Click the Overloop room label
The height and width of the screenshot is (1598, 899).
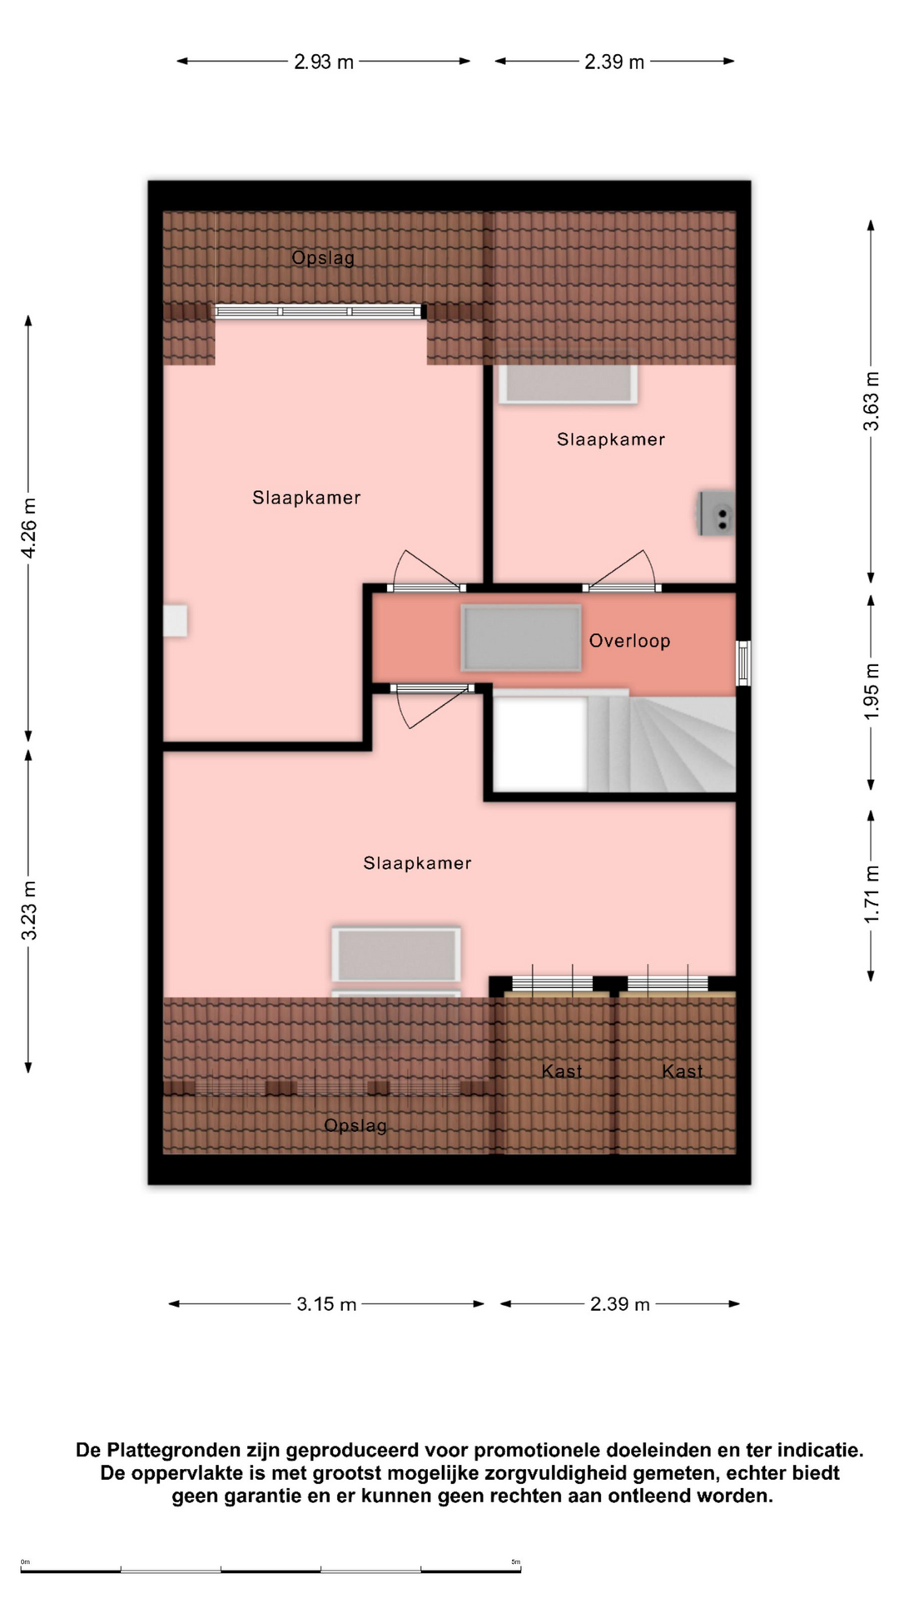tap(629, 641)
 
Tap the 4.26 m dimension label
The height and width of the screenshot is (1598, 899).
tap(29, 529)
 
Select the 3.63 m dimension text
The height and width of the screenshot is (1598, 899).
tap(871, 401)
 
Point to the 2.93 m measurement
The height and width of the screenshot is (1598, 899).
tap(324, 62)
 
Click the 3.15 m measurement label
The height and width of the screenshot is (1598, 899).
tap(326, 1304)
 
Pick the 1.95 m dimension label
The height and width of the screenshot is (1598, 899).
tap(871, 692)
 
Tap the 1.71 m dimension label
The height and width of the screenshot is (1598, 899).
tap(871, 895)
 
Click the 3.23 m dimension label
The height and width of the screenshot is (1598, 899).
tap(29, 911)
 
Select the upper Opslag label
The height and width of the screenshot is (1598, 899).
tap(323, 258)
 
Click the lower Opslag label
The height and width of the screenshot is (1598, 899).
tap(355, 1126)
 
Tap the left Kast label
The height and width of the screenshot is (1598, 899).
tap(562, 1071)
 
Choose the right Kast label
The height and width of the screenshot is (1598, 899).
tap(683, 1071)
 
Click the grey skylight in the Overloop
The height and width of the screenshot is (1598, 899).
tap(521, 638)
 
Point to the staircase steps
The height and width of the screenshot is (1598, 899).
tap(661, 744)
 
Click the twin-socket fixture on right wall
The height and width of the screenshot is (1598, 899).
tap(718, 514)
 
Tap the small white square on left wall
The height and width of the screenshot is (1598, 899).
tap(175, 621)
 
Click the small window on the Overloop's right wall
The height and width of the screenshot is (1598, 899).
tap(744, 663)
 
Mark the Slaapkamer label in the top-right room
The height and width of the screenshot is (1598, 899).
tap(611, 439)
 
